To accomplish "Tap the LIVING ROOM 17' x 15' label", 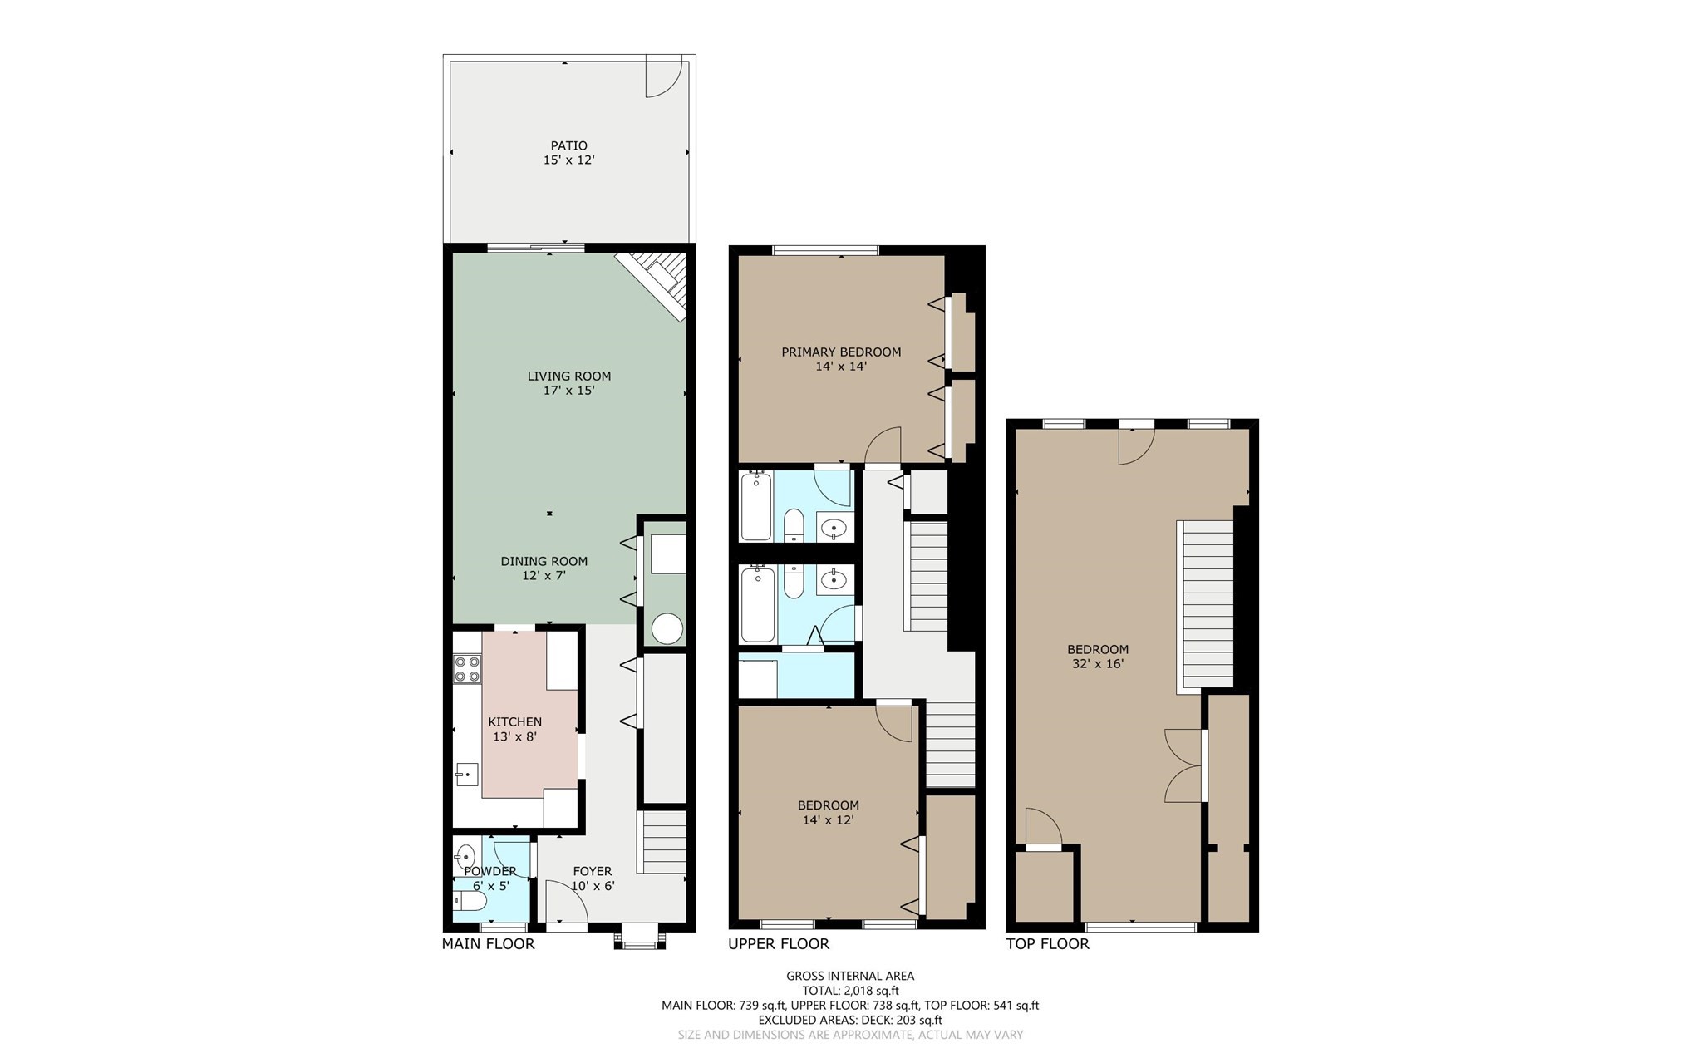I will [x=569, y=383].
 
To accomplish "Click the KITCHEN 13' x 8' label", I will [x=514, y=729].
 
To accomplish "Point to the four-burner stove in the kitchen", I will [x=467, y=669].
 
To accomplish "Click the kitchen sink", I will [x=466, y=775].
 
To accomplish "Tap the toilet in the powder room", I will [x=469, y=901].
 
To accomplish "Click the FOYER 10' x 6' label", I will [x=593, y=878].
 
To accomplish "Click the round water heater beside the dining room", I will [x=667, y=628].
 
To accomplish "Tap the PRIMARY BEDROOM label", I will [x=841, y=358].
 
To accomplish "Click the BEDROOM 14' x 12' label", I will [x=828, y=812].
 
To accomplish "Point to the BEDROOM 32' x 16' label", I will [x=1098, y=657].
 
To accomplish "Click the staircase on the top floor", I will [x=1207, y=604].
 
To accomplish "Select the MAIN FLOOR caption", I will [x=488, y=944].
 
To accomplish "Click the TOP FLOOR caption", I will [x=1047, y=944].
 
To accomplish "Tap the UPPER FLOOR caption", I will [x=779, y=944].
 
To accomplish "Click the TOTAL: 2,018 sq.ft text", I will [x=850, y=991].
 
